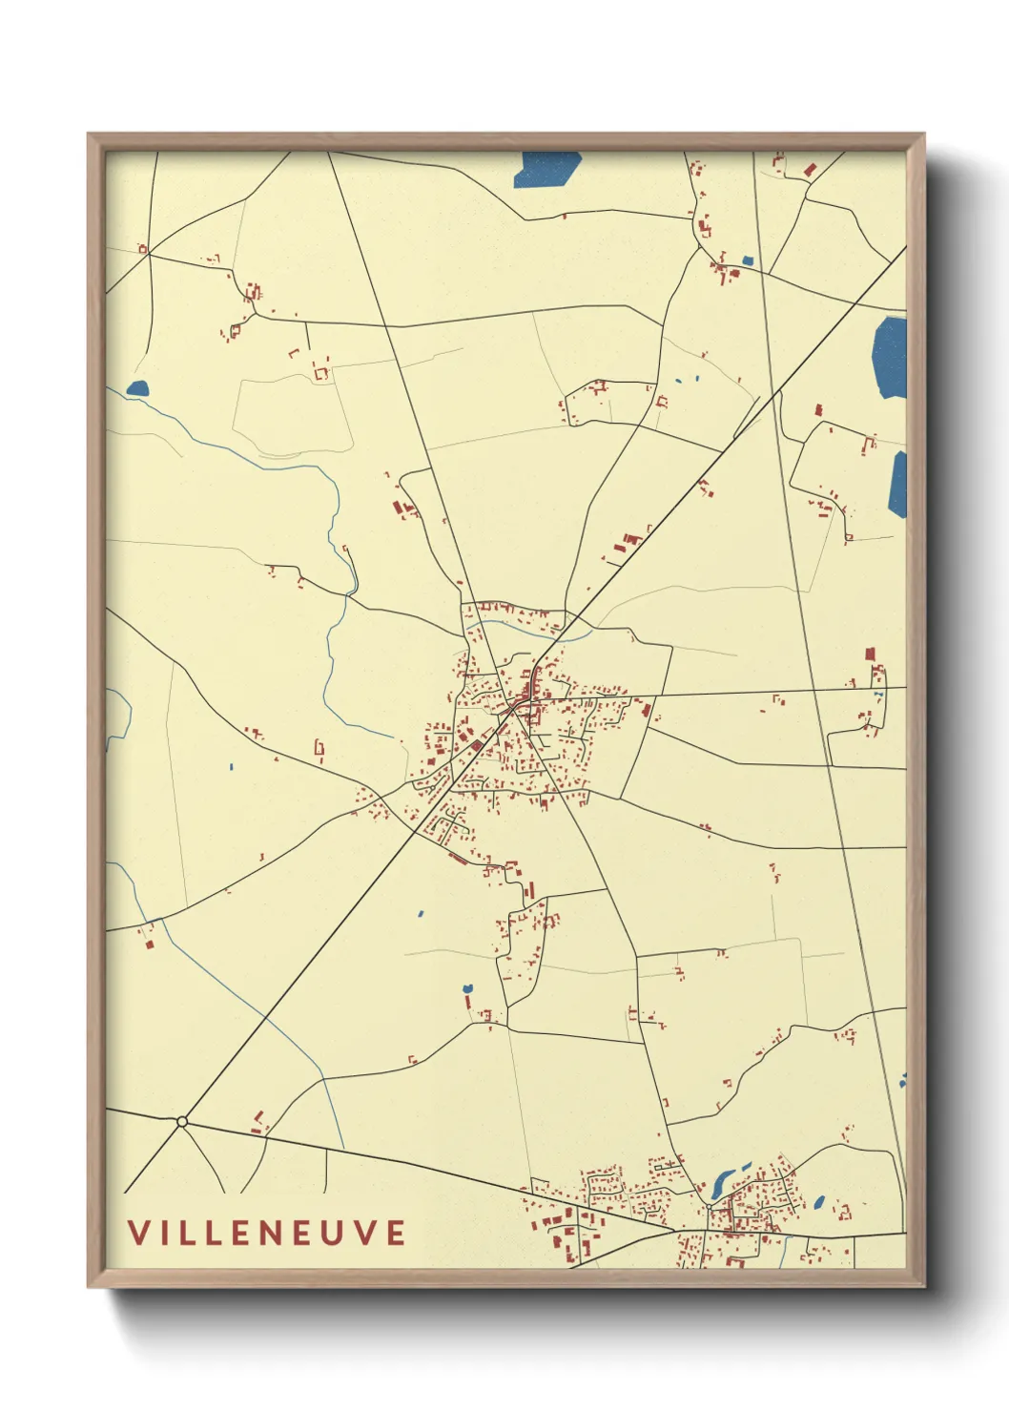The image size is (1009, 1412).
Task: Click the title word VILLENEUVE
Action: (x=267, y=1232)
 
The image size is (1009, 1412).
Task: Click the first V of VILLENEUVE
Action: (x=139, y=1232)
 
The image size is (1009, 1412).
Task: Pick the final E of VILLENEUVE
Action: (x=396, y=1232)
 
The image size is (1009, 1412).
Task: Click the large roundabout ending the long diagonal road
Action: (x=182, y=1121)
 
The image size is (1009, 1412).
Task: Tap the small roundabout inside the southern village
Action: (x=709, y=1208)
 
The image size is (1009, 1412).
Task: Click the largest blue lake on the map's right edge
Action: (x=889, y=357)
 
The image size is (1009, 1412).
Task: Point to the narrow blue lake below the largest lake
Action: (x=898, y=484)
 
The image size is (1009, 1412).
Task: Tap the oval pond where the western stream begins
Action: (x=138, y=388)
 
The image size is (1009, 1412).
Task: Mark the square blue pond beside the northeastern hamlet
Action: (x=748, y=260)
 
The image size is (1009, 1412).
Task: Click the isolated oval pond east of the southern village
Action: (x=818, y=1201)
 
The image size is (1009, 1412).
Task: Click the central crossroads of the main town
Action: (x=515, y=707)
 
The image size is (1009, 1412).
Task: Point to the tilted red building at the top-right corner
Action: (x=811, y=170)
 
